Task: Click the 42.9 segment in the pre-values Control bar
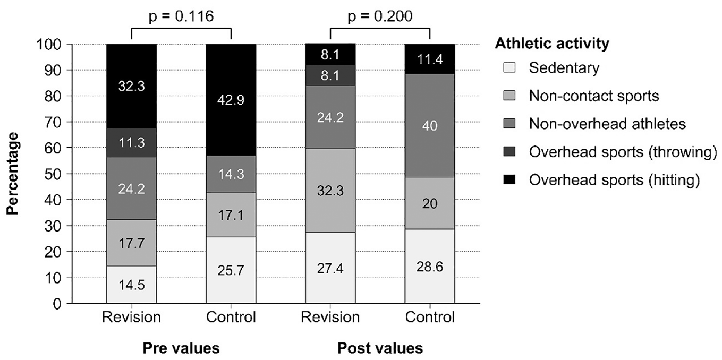click(x=231, y=100)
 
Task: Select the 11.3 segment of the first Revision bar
click(x=132, y=143)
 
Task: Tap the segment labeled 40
click(x=430, y=125)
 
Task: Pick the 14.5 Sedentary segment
click(x=132, y=284)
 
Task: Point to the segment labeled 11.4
click(x=430, y=59)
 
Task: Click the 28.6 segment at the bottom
click(x=430, y=267)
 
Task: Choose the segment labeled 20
click(x=430, y=203)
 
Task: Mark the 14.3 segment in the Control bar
click(x=231, y=174)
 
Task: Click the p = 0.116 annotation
click(x=181, y=16)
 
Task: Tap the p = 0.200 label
click(x=380, y=16)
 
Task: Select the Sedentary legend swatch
click(x=509, y=67)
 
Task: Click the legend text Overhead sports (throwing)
click(x=623, y=152)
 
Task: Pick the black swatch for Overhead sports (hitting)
click(x=509, y=179)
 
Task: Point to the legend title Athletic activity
click(x=552, y=43)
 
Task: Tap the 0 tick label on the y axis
click(x=57, y=304)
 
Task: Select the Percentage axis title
click(x=13, y=174)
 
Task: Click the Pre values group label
click(x=181, y=348)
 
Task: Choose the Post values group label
click(x=380, y=348)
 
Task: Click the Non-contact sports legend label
click(x=594, y=96)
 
